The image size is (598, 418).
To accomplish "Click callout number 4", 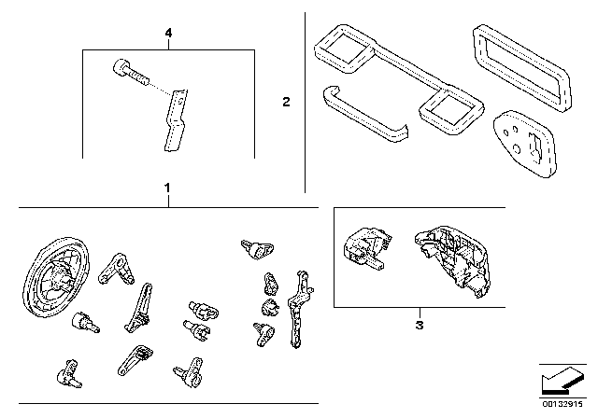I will [168, 34].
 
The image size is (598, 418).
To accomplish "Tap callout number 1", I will [166, 188].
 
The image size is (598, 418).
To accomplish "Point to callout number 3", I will [420, 325].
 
